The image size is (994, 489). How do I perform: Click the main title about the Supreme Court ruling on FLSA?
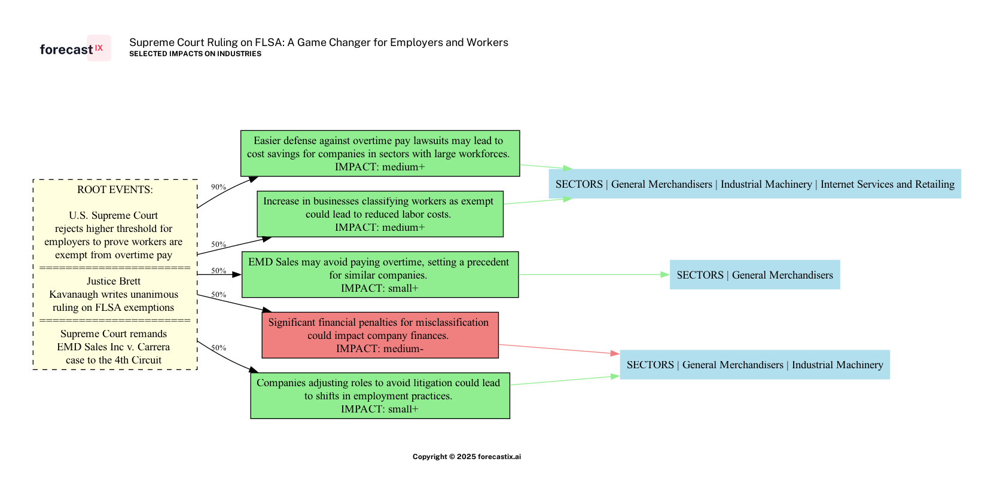tap(318, 42)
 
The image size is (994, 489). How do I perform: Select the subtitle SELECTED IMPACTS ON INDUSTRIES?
tap(195, 54)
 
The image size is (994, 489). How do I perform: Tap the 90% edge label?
tap(218, 187)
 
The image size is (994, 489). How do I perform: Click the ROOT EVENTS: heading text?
tap(115, 190)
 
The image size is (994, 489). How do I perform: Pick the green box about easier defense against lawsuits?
tap(380, 154)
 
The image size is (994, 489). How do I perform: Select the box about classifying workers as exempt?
tap(380, 214)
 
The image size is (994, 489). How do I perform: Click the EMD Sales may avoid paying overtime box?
tap(380, 274)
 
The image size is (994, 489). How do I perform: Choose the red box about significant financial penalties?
tap(380, 335)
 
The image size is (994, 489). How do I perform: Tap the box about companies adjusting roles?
tap(380, 396)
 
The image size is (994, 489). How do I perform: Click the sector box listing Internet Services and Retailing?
tap(755, 184)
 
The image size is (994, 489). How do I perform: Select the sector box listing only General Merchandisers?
tap(755, 275)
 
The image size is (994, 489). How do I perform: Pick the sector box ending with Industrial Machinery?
tap(755, 365)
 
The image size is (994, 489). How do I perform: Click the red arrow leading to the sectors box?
tap(559, 349)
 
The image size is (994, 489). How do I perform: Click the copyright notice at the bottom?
tap(466, 457)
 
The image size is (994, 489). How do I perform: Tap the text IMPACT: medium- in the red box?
tap(380, 349)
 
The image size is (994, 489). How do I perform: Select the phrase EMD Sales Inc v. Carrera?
tap(114, 347)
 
